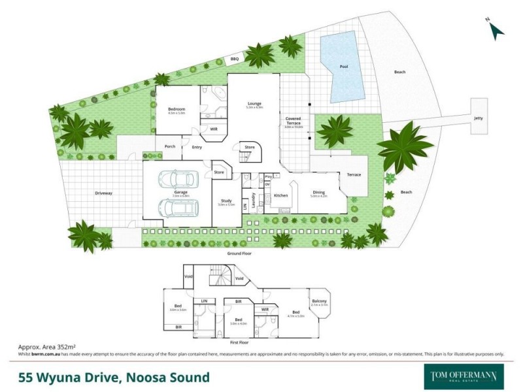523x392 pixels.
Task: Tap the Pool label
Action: click(x=344, y=67)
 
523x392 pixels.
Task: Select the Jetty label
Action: click(x=479, y=118)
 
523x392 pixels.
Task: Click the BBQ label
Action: click(x=234, y=59)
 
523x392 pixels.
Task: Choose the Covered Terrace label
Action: click(x=293, y=120)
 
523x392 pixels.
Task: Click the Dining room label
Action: click(x=318, y=191)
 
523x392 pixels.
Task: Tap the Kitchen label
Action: click(x=280, y=195)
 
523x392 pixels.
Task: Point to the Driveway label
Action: click(x=103, y=193)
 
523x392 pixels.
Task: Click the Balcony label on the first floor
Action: click(x=318, y=301)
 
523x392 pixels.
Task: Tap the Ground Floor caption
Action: click(x=239, y=252)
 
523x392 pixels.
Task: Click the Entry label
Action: click(x=197, y=147)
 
